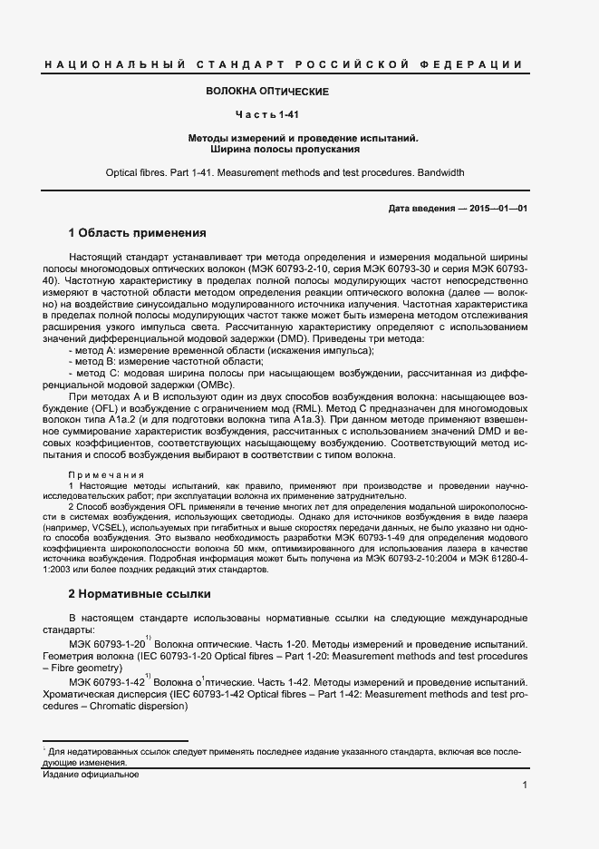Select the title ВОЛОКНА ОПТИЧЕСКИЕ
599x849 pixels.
click(x=267, y=92)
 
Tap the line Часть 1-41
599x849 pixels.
click(x=267, y=115)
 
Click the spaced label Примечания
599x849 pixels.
click(x=107, y=475)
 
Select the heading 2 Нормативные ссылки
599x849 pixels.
click(x=140, y=594)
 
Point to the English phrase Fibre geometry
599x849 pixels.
click(x=94, y=667)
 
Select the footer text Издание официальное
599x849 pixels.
click(x=91, y=775)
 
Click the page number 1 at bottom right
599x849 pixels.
click(x=525, y=786)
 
